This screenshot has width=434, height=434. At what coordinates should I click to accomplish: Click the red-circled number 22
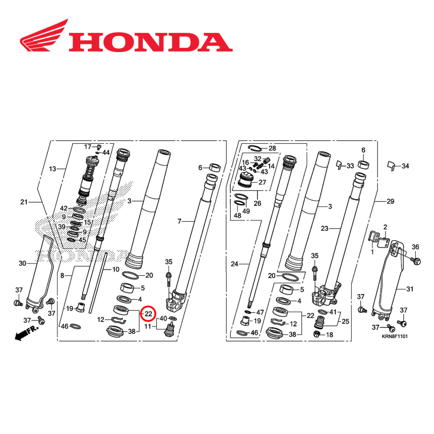(148, 313)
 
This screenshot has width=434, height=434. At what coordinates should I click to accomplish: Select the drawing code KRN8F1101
(394, 336)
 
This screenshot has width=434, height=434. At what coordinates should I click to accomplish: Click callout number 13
(53, 168)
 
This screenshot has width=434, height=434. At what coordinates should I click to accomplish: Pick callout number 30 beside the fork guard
(23, 263)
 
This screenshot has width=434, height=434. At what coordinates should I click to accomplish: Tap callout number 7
(180, 221)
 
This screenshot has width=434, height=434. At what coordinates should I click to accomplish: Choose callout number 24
(234, 263)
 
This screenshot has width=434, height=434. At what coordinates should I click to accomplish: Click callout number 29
(390, 202)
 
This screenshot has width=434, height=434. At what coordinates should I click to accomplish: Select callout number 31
(410, 289)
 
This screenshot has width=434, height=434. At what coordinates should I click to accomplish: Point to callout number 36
(415, 247)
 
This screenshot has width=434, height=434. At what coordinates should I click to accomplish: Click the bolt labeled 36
(416, 261)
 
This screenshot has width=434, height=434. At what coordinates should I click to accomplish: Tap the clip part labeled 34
(391, 165)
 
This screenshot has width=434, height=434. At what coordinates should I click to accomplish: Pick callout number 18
(329, 335)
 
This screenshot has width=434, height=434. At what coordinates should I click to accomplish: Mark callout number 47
(260, 312)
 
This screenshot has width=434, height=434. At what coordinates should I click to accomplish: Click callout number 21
(24, 202)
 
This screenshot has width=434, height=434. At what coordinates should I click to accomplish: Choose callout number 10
(115, 270)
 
